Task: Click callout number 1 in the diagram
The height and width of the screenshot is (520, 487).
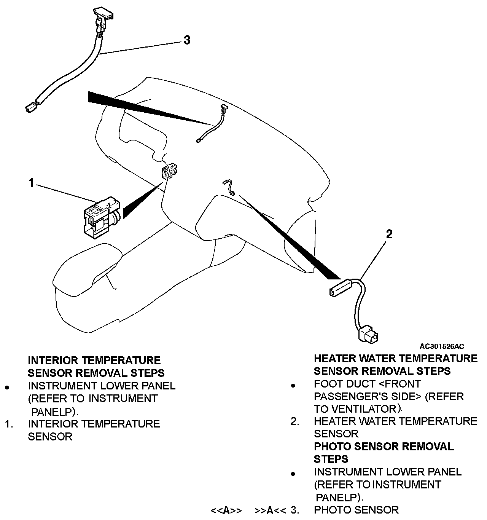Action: pyautogui.click(x=32, y=183)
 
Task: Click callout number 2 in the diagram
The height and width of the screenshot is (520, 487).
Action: pyautogui.click(x=389, y=234)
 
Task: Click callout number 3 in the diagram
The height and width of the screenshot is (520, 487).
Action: pyautogui.click(x=187, y=40)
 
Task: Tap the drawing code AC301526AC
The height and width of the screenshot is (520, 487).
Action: pyautogui.click(x=442, y=346)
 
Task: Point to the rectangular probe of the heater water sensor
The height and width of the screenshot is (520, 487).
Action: pyautogui.click(x=339, y=288)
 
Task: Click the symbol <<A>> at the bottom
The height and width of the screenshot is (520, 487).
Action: pyautogui.click(x=226, y=510)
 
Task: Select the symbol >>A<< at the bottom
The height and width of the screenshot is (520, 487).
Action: pyautogui.click(x=270, y=510)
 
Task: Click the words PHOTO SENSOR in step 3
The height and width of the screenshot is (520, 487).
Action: pyautogui.click(x=356, y=510)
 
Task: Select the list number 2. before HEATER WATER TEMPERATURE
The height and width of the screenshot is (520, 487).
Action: pyautogui.click(x=295, y=421)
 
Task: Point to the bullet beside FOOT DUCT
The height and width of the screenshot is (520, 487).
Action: pyautogui.click(x=293, y=386)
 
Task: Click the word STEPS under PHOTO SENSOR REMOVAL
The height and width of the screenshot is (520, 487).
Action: pyautogui.click(x=331, y=459)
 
